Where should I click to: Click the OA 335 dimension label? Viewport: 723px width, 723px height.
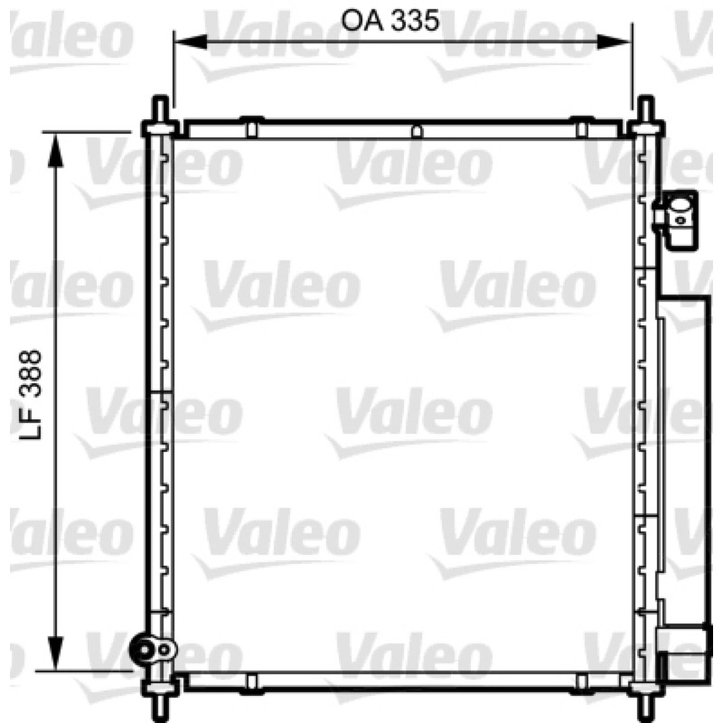pos(390,21)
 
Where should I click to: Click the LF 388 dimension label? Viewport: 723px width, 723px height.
pos(31,395)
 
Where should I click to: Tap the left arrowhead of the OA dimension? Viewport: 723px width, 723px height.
pos(190,42)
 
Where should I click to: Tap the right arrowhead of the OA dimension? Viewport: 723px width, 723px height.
pos(614,42)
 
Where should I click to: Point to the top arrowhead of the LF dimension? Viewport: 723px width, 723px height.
pos(55,150)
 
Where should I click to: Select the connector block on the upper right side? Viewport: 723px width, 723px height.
pos(676,220)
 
